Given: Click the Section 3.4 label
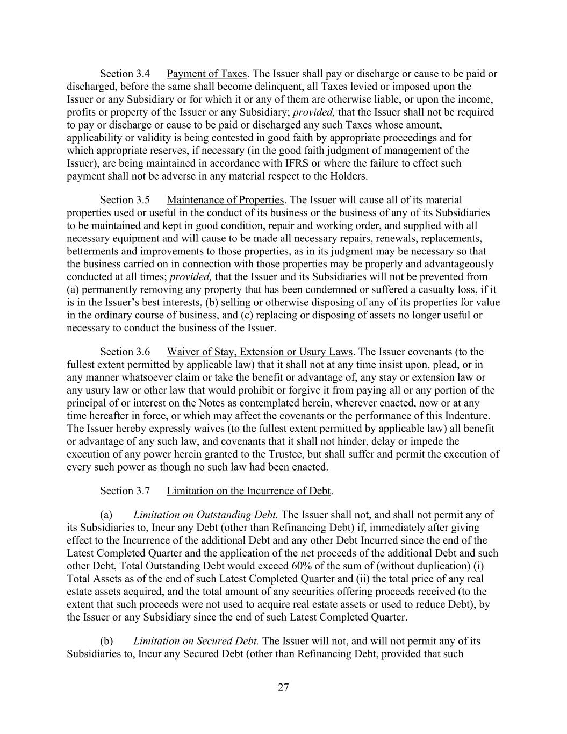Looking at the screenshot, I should coord(125,74).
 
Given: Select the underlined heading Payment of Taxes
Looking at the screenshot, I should coord(206,74).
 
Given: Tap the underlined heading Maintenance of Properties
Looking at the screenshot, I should coord(225,200).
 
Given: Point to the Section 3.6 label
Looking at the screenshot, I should coord(125,352).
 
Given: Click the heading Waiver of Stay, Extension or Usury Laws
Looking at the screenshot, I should coord(260,352).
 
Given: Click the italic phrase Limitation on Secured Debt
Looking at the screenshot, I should coord(196,641).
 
